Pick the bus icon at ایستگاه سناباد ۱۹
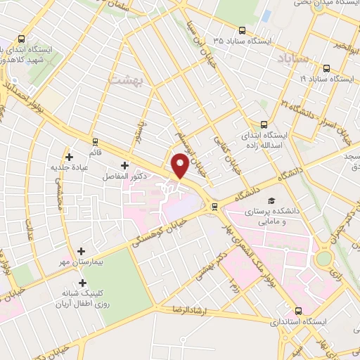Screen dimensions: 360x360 pyautogui.click(x=327, y=69)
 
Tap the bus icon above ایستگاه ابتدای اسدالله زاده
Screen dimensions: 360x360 pyautogui.click(x=264, y=121)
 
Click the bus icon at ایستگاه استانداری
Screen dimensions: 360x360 pyautogui.click(x=298, y=310)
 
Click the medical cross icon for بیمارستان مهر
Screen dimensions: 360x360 pyautogui.click(x=82, y=251)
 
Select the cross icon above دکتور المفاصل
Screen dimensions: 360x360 pyautogui.click(x=124, y=166)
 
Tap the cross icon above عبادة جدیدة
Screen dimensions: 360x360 pyautogui.click(x=69, y=157)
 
